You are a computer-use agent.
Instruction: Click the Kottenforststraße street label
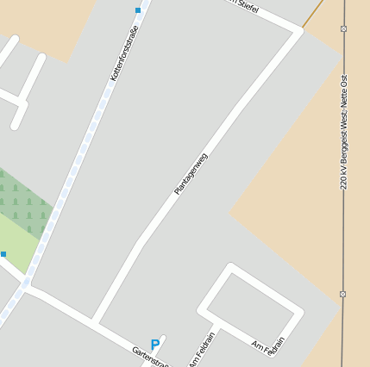[x=124, y=54]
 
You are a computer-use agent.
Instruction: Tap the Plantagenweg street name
[x=191, y=174]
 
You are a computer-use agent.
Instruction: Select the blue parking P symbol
[x=155, y=345]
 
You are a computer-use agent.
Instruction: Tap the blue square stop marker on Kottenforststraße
[x=138, y=10]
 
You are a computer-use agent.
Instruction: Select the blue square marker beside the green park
[x=3, y=254]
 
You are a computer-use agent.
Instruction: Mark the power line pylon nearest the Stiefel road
[x=343, y=28]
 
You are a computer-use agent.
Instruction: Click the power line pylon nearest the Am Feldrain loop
[x=342, y=294]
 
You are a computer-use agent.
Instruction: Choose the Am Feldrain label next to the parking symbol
[x=201, y=348]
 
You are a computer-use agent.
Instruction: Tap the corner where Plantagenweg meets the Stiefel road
[x=299, y=31]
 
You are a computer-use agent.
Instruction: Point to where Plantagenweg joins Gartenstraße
[x=95, y=321]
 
